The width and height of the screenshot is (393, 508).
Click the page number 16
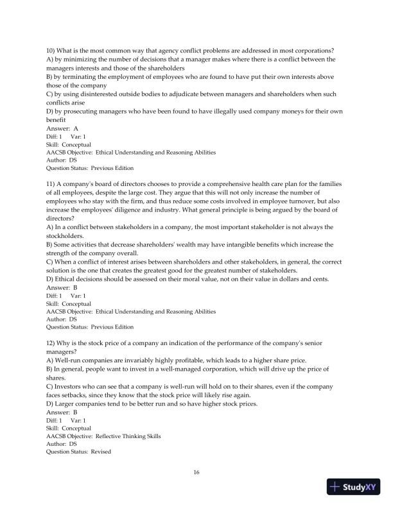(x=197, y=473)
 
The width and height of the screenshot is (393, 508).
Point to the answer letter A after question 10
(x=76, y=128)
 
